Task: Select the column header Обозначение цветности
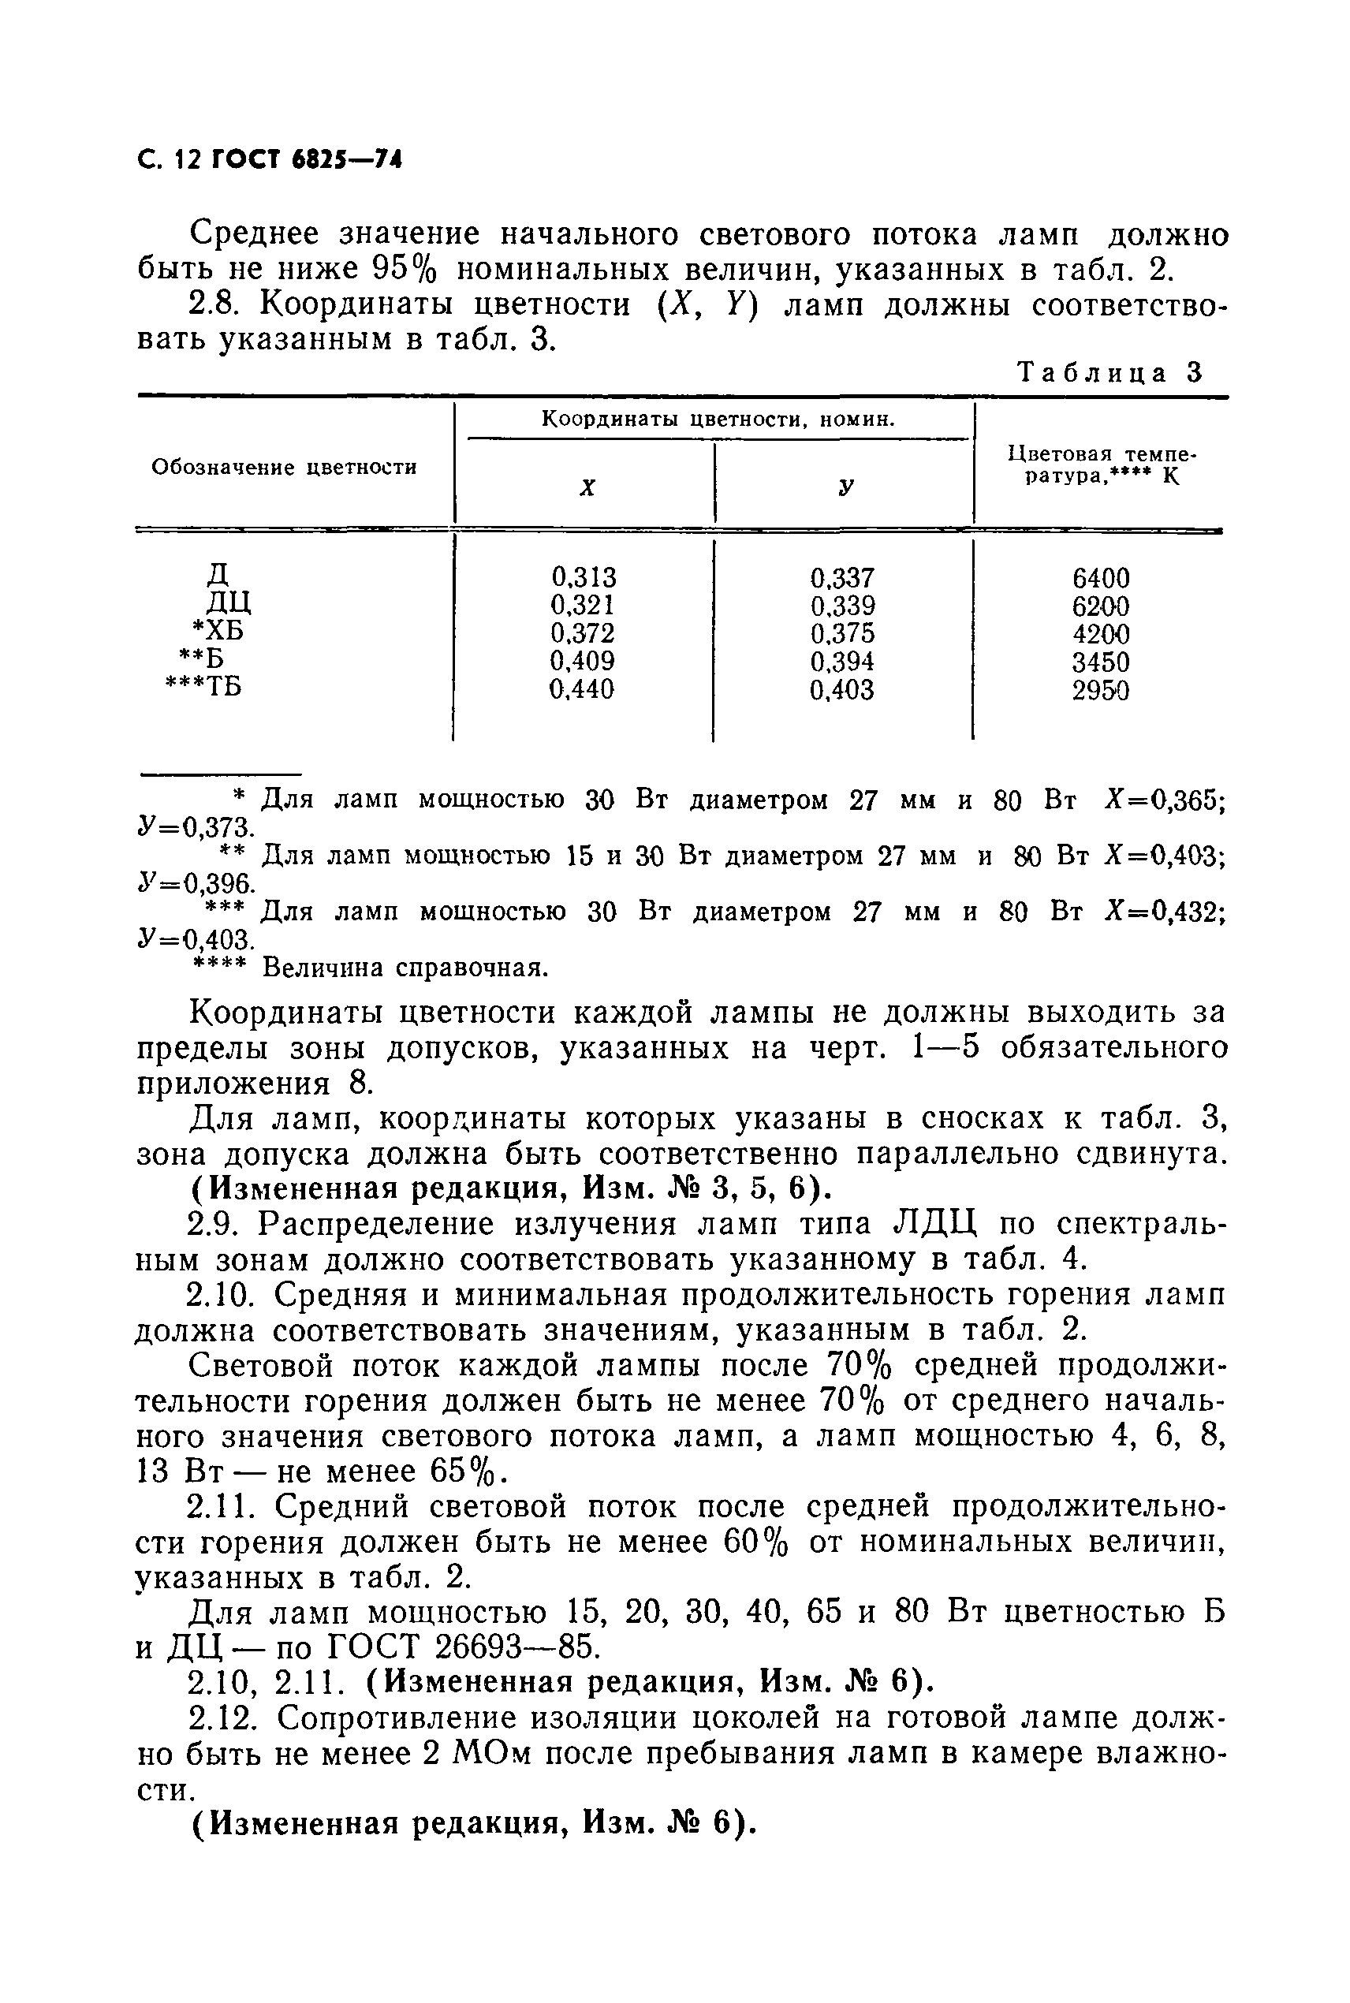pyautogui.click(x=284, y=468)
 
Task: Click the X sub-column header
pyautogui.click(x=587, y=487)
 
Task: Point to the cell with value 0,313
pyautogui.click(x=584, y=576)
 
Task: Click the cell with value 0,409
pyautogui.click(x=583, y=661)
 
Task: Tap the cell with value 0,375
pyautogui.click(x=842, y=633)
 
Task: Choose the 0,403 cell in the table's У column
pyautogui.click(x=842, y=690)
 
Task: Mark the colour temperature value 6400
pyautogui.click(x=1100, y=577)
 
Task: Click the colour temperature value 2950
pyautogui.click(x=1100, y=690)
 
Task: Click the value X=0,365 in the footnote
pyautogui.click(x=1164, y=800)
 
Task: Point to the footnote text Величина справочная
pyautogui.click(x=405, y=968)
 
